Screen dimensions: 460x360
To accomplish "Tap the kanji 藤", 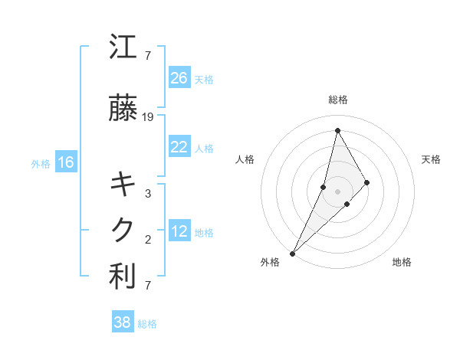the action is coord(123,110).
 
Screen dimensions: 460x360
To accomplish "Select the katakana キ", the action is coord(123,185).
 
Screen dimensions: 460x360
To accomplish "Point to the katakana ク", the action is coord(123,229).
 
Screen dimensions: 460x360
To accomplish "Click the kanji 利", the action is coord(123,277).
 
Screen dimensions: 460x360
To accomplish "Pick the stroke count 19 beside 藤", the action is coord(148,117).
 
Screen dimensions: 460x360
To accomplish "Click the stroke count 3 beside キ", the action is coord(148,194).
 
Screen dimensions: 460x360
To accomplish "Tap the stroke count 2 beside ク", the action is coord(148,240).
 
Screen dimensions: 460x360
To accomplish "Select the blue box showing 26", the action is coord(179,77).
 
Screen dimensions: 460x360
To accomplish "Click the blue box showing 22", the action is coord(179,147).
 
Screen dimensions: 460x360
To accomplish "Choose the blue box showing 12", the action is coord(179,231).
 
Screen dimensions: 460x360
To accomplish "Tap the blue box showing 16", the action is coord(65,162).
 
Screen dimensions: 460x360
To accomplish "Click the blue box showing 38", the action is coord(122,322).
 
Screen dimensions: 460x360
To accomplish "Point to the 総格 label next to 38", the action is coord(147,324).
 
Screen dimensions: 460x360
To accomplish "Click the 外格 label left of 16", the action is coord(41,163).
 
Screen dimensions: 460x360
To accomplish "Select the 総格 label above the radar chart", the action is coord(337,100).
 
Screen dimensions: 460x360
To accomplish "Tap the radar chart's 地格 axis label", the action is coord(402,263).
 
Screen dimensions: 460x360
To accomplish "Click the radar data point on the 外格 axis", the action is coord(292,253).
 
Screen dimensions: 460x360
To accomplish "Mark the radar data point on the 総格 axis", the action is coord(337,130).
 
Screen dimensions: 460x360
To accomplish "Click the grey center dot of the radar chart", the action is coord(337,191).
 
